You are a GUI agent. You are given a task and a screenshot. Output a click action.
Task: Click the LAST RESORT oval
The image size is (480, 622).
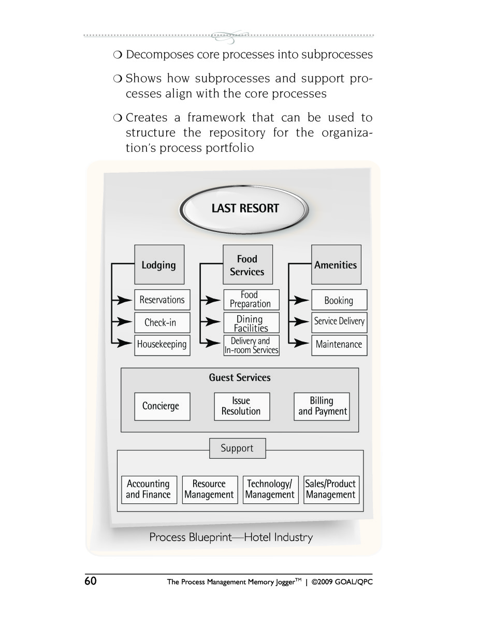coord(244,209)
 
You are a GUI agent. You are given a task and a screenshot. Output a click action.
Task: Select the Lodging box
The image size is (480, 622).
coord(159,264)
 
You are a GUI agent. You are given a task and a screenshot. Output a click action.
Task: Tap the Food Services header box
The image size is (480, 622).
coord(248,264)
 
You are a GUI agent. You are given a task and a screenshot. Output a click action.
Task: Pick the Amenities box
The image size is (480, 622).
coord(336,264)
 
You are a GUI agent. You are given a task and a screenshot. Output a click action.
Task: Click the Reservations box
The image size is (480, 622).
coord(163,300)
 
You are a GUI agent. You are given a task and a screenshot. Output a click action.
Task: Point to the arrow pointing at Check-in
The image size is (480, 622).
coord(122,322)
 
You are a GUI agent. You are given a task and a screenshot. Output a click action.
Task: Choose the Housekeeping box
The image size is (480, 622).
coord(163,345)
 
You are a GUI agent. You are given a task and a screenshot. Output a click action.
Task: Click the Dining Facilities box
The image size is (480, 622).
coord(251,322)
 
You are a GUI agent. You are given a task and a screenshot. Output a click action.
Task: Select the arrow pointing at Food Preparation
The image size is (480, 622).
coord(210,300)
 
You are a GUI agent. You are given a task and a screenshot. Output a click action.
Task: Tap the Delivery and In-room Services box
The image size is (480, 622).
coord(251,345)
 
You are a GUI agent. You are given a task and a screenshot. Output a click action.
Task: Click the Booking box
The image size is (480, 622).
coord(339,300)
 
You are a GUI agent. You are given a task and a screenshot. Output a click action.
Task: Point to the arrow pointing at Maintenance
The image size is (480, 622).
coord(299,343)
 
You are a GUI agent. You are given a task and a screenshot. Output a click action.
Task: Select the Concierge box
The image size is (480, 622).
coord(163,406)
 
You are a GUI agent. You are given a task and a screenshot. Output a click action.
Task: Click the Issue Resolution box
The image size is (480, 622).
coord(242,406)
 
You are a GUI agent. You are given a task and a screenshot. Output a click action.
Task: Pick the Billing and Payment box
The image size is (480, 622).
coord(322,406)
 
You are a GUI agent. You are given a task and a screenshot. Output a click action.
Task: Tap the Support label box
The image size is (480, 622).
coord(238,448)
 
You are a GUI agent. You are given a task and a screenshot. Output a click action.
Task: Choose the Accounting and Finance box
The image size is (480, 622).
coord(149,490)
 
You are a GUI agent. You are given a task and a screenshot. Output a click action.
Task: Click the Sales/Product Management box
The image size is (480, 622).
coord(331,490)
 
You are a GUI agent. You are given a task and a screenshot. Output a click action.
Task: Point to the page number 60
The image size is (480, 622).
coord(91,581)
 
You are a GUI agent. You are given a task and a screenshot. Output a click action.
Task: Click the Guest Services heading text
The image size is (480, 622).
coord(240,377)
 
